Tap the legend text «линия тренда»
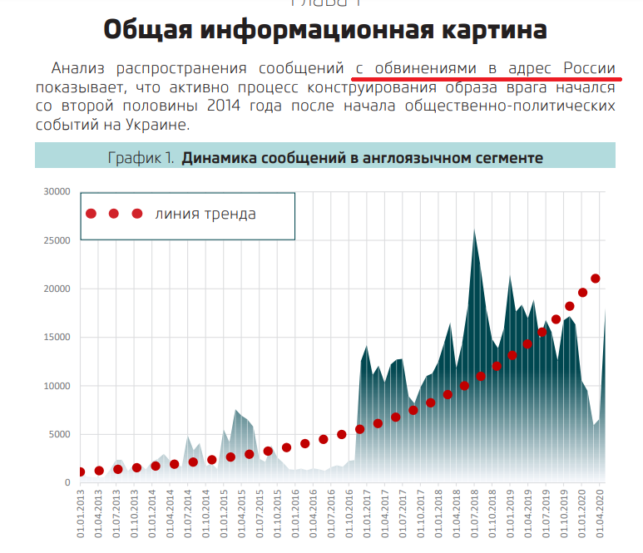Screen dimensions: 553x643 pos(205,214)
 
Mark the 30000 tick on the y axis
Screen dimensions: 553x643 pos(57,192)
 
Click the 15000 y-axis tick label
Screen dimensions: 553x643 pos(57,338)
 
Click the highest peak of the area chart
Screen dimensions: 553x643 pos(474,230)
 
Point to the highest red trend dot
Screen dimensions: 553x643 pos(595,279)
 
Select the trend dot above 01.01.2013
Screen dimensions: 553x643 pos(81,472)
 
